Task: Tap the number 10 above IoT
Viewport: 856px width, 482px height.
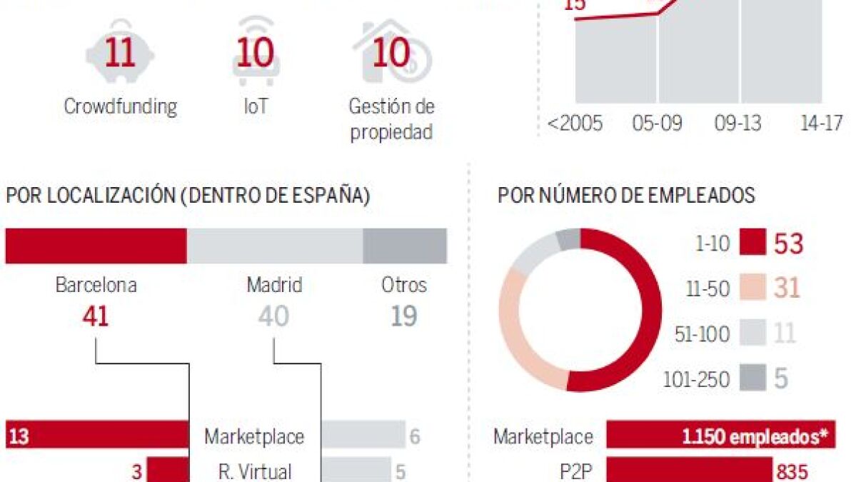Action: click(256, 54)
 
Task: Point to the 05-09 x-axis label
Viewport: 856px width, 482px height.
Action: click(657, 123)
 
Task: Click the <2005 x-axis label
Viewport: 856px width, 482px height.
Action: click(575, 123)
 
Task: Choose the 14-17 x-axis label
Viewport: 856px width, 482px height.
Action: click(821, 123)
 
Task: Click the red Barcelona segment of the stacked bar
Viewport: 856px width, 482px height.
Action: click(96, 246)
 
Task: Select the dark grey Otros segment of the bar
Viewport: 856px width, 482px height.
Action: click(405, 246)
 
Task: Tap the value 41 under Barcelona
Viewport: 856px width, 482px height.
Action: click(96, 316)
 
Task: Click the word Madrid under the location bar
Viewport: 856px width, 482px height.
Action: click(274, 286)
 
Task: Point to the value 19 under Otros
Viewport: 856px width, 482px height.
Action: click(404, 316)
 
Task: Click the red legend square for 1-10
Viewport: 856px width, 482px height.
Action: click(752, 243)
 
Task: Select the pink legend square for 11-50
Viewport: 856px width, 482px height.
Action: click(752, 288)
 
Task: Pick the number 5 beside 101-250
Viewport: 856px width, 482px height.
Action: click(781, 378)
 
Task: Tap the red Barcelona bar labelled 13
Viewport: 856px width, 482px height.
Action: click(96, 436)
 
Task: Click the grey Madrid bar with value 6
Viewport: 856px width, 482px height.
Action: click(362, 436)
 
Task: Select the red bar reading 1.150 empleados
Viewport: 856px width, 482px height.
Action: click(720, 436)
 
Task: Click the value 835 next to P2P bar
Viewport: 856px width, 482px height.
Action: click(793, 471)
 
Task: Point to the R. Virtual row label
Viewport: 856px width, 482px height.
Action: click(255, 471)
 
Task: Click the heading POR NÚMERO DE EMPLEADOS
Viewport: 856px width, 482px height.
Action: click(626, 196)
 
